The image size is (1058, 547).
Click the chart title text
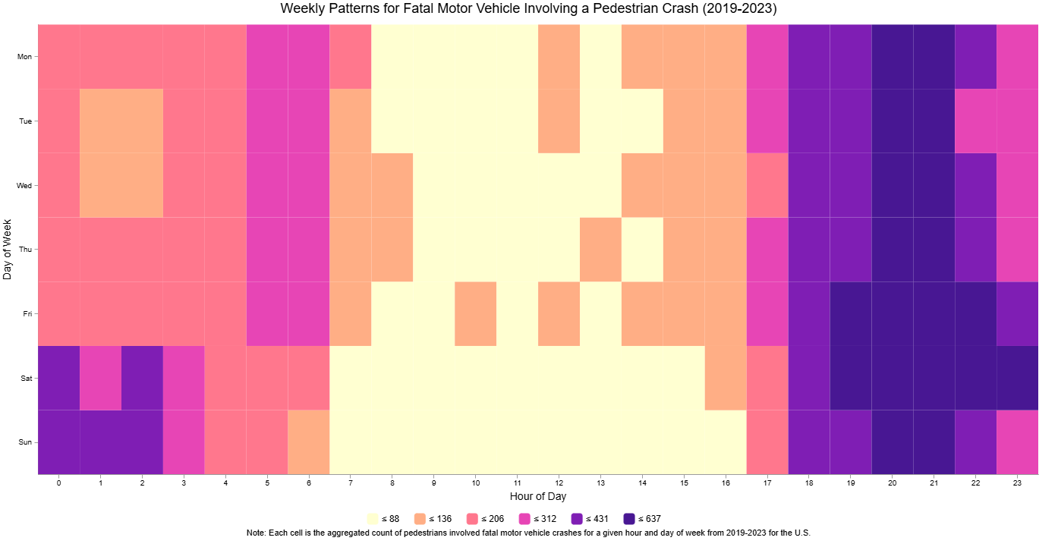528,9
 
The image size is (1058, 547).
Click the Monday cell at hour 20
893,56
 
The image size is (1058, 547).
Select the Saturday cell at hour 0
58,378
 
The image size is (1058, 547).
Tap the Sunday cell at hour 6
309,442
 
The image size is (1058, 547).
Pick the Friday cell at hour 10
476,313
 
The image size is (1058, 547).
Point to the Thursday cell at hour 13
601,250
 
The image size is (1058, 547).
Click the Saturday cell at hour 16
726,378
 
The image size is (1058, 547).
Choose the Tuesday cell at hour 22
975,121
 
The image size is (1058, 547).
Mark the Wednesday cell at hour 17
767,185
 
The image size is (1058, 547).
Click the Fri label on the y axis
26,313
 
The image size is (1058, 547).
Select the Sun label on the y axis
26,442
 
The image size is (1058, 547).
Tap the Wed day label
25,185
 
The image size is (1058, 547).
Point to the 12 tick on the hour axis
559,483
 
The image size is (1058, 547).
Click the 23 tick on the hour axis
1017,483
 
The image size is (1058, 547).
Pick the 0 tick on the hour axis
58,483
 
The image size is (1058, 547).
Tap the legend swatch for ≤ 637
628,519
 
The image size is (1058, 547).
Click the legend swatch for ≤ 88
373,519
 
